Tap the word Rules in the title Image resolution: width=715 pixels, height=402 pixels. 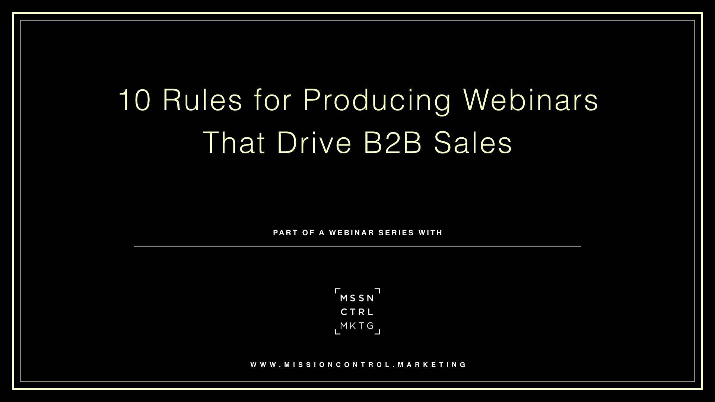203,100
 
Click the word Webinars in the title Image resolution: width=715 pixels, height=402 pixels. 530,100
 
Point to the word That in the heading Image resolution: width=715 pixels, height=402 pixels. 234,143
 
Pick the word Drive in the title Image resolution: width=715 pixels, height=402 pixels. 314,143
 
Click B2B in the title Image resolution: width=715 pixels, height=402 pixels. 392,143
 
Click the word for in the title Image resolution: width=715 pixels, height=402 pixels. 273,100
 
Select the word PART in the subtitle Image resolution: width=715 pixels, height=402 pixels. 286,233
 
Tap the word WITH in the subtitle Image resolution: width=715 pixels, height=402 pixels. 430,233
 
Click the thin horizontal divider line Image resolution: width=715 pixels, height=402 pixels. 357,246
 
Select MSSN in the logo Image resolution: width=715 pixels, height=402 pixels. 357,298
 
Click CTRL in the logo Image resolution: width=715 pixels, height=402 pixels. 357,312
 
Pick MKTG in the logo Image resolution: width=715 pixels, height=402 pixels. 357,326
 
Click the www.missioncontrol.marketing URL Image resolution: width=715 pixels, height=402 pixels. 358,365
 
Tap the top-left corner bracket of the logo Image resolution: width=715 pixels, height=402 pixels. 336,290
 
